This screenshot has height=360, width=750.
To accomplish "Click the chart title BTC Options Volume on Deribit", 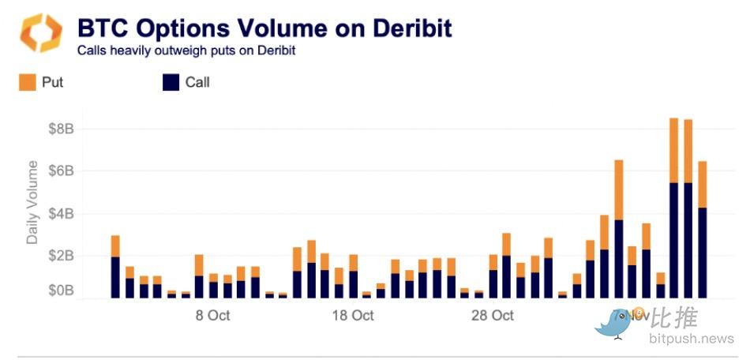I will pos(264,28).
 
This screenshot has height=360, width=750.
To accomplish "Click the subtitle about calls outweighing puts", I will pos(186,51).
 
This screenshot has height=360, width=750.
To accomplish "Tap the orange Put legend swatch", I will pos(28,81).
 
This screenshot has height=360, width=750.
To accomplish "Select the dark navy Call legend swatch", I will pos(171,81).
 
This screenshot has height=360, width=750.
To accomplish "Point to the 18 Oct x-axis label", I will pos(352,316).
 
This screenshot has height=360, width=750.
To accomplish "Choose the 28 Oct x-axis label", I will pos(493,316).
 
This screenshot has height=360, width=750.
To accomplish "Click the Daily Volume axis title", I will pos(32,201).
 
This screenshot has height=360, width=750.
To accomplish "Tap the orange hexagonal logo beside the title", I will pos(39,33).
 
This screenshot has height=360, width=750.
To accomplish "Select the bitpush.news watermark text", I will pos(692,339).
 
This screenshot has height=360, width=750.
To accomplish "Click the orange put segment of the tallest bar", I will pos(674,150).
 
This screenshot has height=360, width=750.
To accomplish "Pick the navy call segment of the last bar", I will pos(703,253).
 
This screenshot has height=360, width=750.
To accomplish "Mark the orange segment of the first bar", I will pos(115,246).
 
